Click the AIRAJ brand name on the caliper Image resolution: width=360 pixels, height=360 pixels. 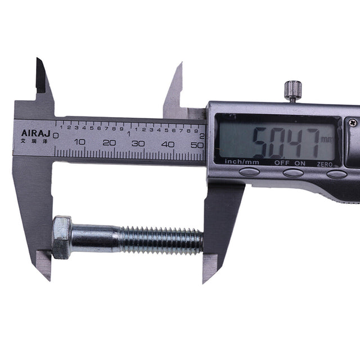point(34,133)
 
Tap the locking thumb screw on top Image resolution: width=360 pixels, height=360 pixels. point(292,90)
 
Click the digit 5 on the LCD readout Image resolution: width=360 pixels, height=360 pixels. point(259,142)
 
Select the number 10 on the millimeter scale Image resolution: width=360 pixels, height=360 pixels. point(79,143)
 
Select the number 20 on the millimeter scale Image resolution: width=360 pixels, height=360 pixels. point(109,143)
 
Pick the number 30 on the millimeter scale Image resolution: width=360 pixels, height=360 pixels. point(138,143)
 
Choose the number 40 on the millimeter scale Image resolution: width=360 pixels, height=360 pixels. point(168,143)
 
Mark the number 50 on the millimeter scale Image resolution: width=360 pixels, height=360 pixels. point(196,144)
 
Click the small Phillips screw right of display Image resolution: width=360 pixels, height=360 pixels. point(352,122)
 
